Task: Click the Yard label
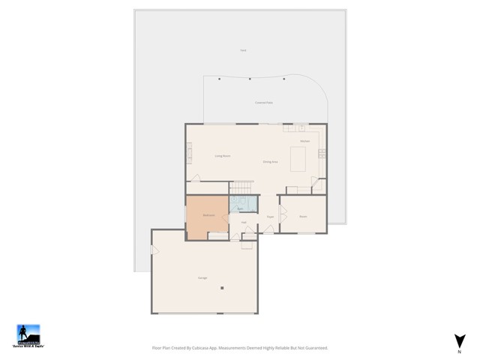point(243,50)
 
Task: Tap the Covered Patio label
point(263,102)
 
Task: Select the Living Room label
point(222,156)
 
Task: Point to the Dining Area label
point(271,162)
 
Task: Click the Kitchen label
point(304,141)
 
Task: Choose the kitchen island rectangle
point(299,158)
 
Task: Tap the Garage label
point(202,278)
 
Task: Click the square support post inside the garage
point(222,287)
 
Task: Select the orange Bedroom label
point(209,216)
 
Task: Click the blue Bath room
point(243,205)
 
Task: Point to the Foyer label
point(268,217)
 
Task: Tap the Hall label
point(244,223)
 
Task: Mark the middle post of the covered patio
point(250,79)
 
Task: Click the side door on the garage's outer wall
point(154,250)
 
